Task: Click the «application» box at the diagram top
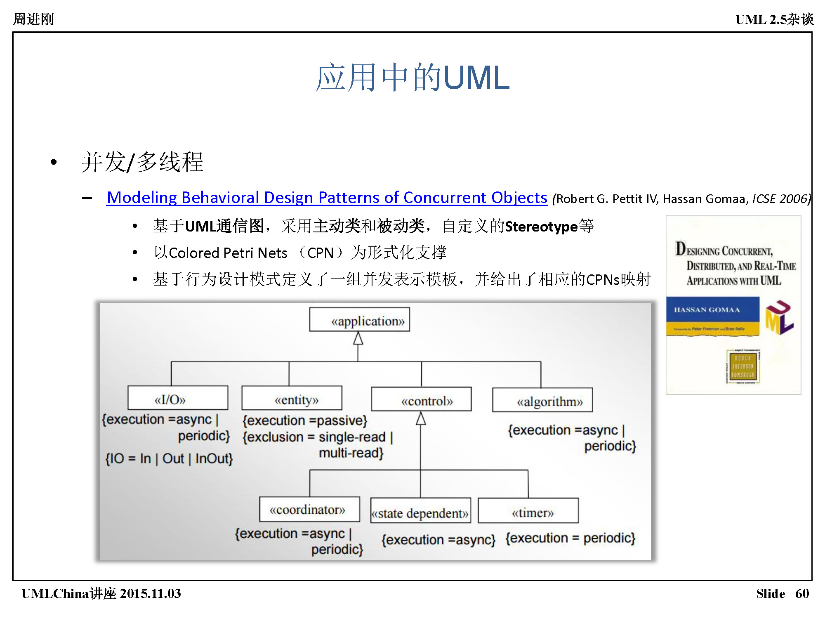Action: coord(359,319)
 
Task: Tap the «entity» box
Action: coord(292,398)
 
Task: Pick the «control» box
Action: coord(421,399)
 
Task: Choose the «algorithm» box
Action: coord(542,400)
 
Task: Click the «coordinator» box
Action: coord(309,509)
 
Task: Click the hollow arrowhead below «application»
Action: coord(358,339)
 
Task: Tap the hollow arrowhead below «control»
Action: coord(421,418)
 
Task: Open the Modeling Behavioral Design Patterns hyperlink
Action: coord(327,198)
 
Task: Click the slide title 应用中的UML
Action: coord(412,77)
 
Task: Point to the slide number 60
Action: coord(802,593)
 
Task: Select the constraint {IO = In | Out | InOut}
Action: coord(169,458)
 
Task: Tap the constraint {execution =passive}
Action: coord(305,421)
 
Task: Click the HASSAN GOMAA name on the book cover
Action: coord(707,310)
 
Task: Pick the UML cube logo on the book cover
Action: coord(779,318)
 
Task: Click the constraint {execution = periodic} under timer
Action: coord(570,538)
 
